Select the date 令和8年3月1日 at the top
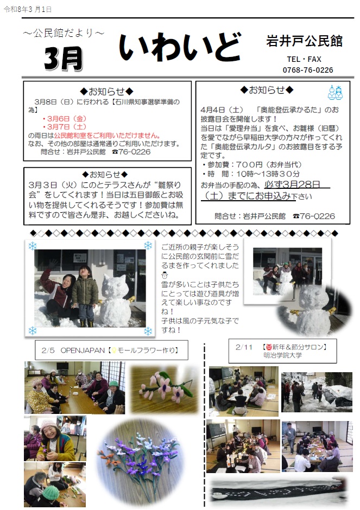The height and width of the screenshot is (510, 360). point(28,10)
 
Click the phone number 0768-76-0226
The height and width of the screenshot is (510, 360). point(308,70)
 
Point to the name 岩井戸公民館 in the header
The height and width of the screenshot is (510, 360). point(304,41)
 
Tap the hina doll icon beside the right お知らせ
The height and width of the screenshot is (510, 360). point(335,92)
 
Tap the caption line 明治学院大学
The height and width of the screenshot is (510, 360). point(284,355)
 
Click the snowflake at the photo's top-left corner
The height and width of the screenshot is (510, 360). point(32,246)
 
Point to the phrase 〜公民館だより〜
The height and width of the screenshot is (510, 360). point(64,34)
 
